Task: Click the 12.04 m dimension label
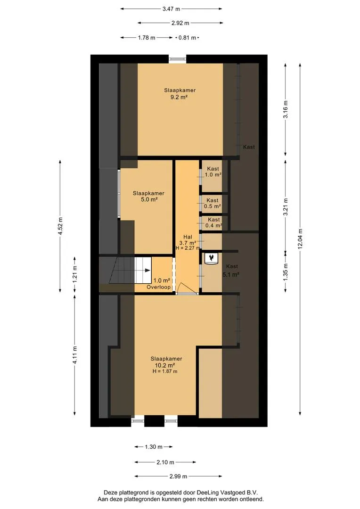pos(300,238)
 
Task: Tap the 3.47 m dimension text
pos(171,9)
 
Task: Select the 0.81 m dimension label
pos(188,38)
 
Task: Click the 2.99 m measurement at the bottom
pos(178,476)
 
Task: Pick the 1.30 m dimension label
pos(154,447)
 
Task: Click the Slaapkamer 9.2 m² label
pos(180,93)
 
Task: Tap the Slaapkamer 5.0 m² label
pos(149,197)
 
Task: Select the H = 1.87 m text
pos(165,371)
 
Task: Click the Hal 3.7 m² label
pos(188,240)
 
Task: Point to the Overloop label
pos(158,287)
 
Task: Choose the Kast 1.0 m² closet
pos(213,176)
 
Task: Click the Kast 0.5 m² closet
pos(213,204)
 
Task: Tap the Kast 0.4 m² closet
pos(213,223)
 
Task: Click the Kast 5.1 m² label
pos(231,271)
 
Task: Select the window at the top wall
pos(178,59)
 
